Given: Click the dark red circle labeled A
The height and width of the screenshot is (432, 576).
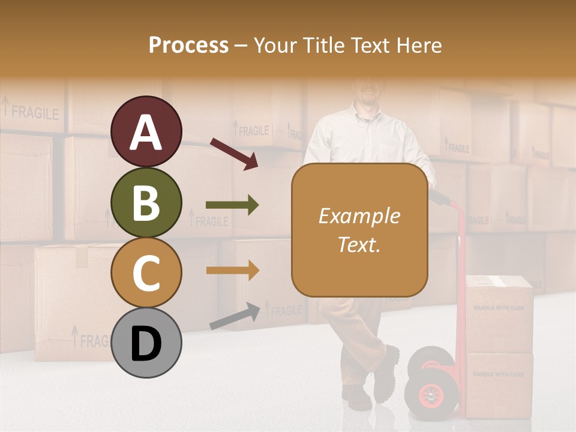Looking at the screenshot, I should click(146, 132).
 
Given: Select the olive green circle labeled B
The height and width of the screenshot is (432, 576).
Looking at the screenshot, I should click(146, 202).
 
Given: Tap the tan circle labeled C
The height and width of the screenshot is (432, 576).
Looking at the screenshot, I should click(146, 272).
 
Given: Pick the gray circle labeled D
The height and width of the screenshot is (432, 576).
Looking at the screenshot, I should click(146, 343).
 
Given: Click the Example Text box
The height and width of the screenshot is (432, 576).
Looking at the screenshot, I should click(359, 230).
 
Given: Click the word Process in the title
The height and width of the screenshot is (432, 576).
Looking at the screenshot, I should click(188, 45).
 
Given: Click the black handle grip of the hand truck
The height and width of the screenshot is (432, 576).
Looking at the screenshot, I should click(438, 197).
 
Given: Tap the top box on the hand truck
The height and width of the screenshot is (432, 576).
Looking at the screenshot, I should click(499, 313).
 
